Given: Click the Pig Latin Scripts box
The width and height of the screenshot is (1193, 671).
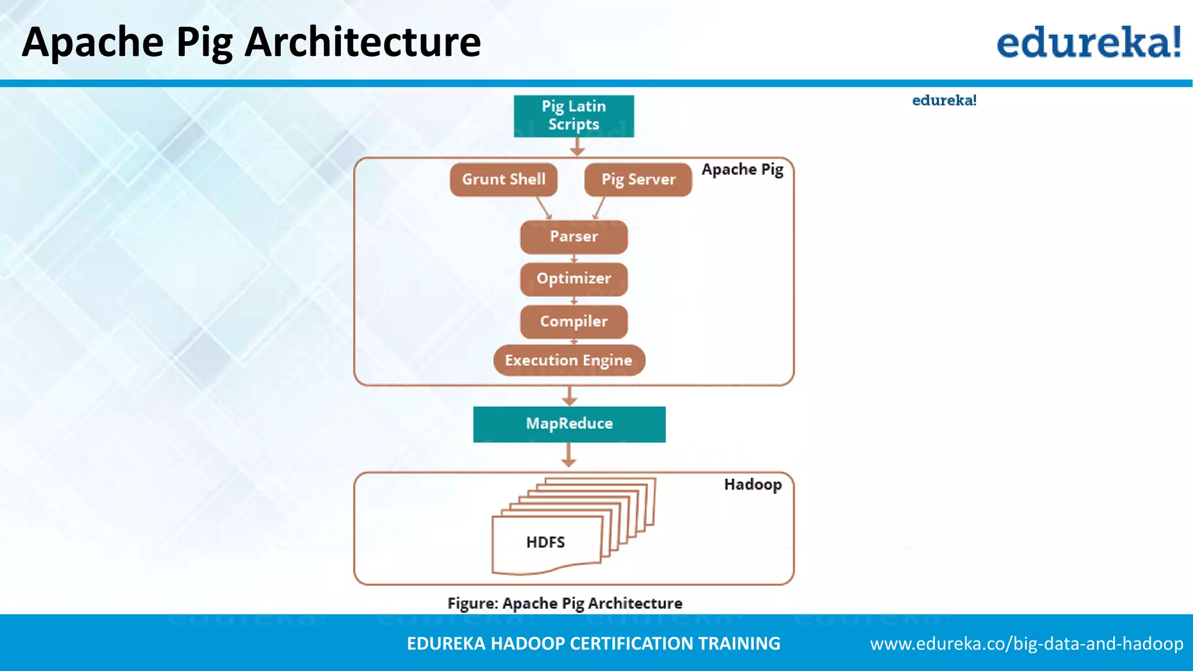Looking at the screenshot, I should pyautogui.click(x=573, y=116).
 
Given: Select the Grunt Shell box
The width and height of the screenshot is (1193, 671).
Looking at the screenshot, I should pyautogui.click(x=503, y=179).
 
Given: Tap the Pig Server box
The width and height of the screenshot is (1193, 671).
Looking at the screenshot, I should pyautogui.click(x=638, y=179).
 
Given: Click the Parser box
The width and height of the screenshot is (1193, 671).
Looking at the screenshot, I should pyautogui.click(x=574, y=236).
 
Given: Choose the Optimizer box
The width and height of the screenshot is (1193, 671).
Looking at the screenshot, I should pyautogui.click(x=574, y=279).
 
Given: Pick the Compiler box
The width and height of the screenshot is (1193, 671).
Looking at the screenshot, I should pyautogui.click(x=574, y=322).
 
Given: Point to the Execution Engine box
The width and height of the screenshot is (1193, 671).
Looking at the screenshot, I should pyautogui.click(x=569, y=361).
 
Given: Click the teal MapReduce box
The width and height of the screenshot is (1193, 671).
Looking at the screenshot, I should pyautogui.click(x=569, y=424).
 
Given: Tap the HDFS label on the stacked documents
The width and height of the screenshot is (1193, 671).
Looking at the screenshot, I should pyautogui.click(x=545, y=542).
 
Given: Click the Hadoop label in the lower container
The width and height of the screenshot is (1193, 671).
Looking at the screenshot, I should pyautogui.click(x=752, y=485).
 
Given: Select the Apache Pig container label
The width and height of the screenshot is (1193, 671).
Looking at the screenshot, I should pyautogui.click(x=742, y=169).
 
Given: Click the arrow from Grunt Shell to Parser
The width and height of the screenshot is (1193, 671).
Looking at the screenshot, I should pyautogui.click(x=543, y=207).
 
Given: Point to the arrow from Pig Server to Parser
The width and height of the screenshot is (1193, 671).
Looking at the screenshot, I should pyautogui.click(x=599, y=207).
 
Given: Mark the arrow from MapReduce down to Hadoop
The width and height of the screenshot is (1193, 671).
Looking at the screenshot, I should pyautogui.click(x=569, y=455).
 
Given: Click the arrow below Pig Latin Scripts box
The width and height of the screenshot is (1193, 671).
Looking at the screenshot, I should pyautogui.click(x=577, y=147).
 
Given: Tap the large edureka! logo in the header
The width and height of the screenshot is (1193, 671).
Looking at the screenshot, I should pyautogui.click(x=1088, y=43).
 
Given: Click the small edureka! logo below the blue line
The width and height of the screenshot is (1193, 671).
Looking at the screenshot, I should pyautogui.click(x=944, y=101).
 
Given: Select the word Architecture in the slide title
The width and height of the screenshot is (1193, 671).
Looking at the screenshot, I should pyautogui.click(x=362, y=43).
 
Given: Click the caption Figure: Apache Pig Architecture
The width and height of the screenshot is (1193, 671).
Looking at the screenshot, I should pyautogui.click(x=564, y=603).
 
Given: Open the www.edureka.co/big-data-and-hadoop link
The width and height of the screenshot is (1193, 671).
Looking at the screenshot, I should pyautogui.click(x=1026, y=644).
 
